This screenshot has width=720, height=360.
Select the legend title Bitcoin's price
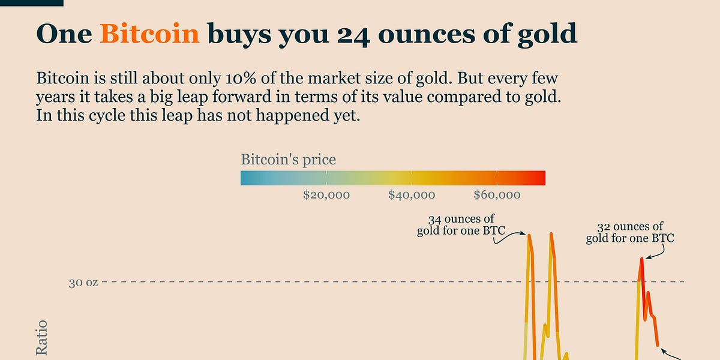pyautogui.click(x=288, y=160)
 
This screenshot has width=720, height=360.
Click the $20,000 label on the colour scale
pyautogui.click(x=326, y=195)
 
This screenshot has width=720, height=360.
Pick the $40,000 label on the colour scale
pyautogui.click(x=412, y=195)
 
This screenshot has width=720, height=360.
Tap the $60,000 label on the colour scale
pyautogui.click(x=497, y=195)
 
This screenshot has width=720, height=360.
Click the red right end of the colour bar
pyautogui.click(x=540, y=178)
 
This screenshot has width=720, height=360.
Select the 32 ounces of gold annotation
pyautogui.click(x=630, y=233)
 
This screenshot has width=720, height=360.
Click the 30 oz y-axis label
pyautogui.click(x=83, y=282)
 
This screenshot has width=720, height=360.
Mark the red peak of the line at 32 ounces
pyautogui.click(x=641, y=259)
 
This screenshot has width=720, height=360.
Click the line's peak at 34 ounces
pyautogui.click(x=529, y=235)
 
